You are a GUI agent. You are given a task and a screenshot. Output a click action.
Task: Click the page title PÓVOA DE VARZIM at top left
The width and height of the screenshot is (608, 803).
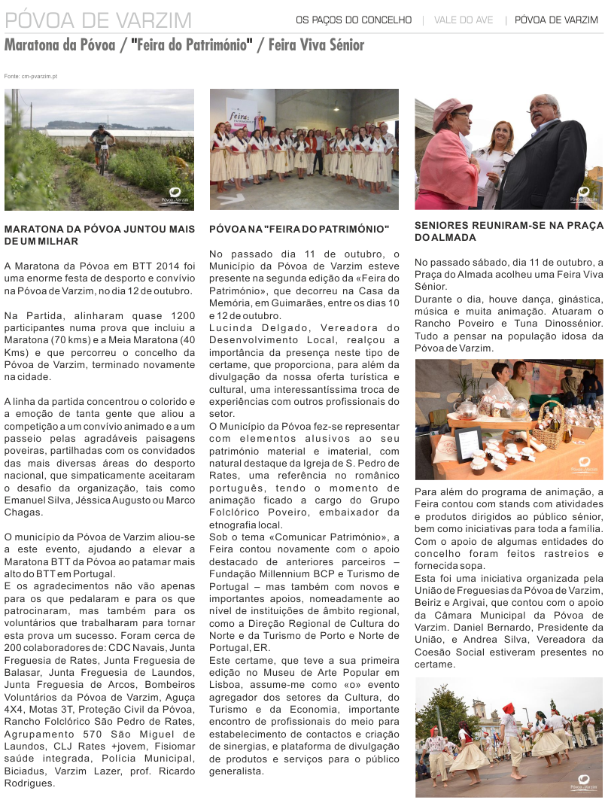(98, 20)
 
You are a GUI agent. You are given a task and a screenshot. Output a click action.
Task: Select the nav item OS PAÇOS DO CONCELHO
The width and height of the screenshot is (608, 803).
(354, 20)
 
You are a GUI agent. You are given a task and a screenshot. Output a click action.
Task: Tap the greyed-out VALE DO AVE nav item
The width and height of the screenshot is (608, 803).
(464, 20)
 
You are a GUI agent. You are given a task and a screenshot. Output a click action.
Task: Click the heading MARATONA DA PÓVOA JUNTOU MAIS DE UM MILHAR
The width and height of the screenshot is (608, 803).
(99, 235)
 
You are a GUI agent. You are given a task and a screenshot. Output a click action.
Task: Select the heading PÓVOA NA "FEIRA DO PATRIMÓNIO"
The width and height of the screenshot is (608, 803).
(299, 229)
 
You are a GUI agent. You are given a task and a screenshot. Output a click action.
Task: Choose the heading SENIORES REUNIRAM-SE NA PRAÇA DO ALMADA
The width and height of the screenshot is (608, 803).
(509, 231)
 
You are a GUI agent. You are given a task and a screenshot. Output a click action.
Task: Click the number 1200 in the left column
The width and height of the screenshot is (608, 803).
(183, 315)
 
